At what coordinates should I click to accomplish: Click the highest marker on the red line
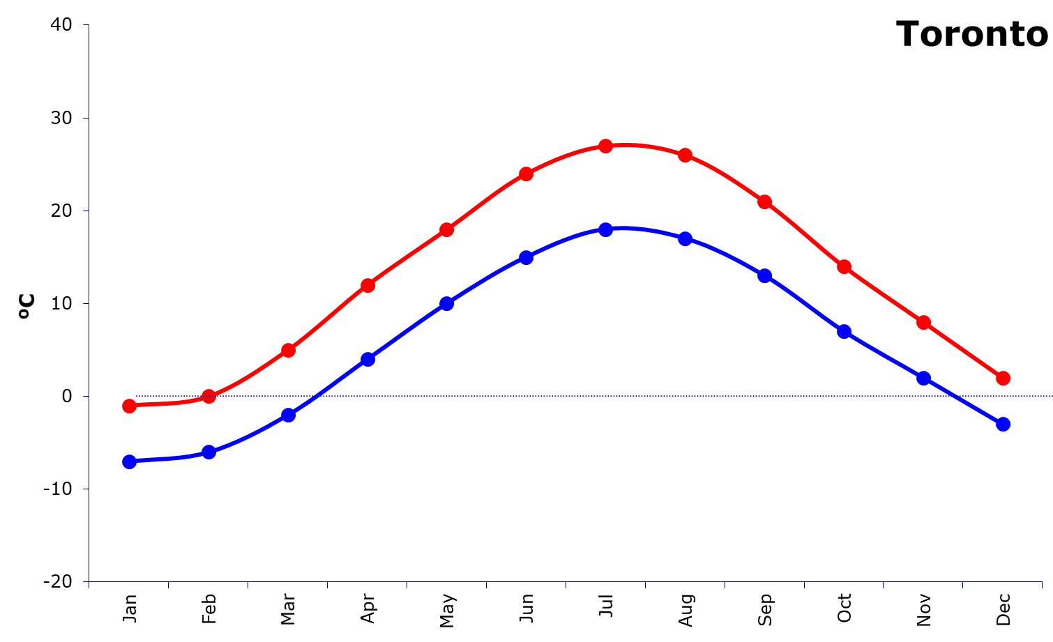[605, 146]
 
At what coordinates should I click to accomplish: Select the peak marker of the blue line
[605, 229]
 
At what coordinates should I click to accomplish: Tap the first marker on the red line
[129, 406]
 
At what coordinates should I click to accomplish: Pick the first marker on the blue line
[129, 461]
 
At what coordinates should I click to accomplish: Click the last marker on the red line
[1003, 378]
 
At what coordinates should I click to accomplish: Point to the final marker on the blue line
[1003, 424]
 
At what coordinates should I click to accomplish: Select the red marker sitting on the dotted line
[209, 396]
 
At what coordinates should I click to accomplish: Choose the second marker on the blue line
[209, 452]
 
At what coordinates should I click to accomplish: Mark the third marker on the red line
[288, 350]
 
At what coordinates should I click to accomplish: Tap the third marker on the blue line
[288, 415]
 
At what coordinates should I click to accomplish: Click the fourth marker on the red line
[368, 285]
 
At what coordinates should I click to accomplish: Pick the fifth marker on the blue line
[446, 303]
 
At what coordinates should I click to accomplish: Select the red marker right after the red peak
[685, 155]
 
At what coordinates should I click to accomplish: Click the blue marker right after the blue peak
[685, 238]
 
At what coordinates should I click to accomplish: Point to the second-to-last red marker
[923, 322]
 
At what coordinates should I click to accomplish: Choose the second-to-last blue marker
[923, 378]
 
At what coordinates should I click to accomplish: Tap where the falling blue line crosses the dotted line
[955, 396]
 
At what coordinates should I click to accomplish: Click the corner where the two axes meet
[89, 581]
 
